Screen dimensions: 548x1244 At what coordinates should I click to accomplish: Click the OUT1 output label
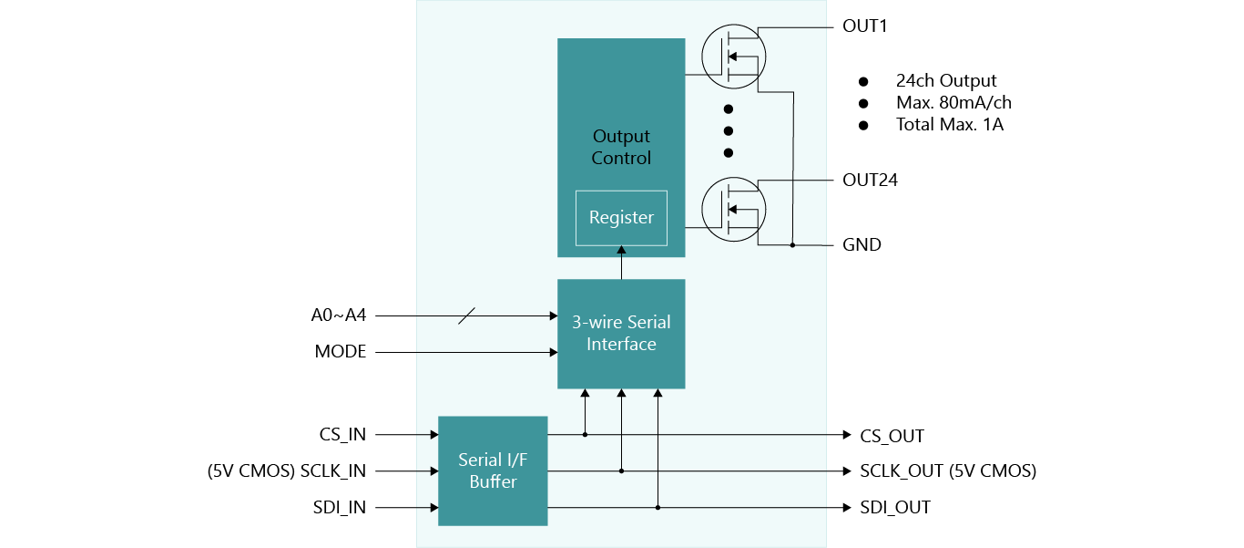pos(864,26)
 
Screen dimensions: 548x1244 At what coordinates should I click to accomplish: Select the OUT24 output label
pos(870,180)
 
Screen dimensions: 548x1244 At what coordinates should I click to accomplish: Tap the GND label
pos(862,244)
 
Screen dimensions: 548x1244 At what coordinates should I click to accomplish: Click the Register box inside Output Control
pos(621,218)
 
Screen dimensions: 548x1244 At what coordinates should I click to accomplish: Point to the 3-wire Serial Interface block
pos(621,334)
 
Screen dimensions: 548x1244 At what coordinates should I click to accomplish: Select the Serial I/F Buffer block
pos(493,470)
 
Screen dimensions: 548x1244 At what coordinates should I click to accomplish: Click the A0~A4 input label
pos(338,315)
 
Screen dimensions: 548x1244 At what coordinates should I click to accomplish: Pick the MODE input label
pos(341,351)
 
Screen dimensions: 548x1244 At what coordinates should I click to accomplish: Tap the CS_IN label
pos(342,435)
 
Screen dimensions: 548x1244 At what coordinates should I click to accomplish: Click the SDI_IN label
pos(340,507)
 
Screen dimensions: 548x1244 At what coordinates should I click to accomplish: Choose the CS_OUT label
pos(892,436)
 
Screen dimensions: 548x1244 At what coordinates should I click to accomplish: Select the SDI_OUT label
pos(894,507)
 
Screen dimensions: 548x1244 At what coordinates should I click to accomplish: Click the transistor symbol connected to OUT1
pos(734,57)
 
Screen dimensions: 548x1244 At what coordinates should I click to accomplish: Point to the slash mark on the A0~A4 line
pos(465,315)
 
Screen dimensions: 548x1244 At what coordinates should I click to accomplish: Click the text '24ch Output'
pos(946,81)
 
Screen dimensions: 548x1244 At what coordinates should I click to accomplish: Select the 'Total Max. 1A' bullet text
pos(950,124)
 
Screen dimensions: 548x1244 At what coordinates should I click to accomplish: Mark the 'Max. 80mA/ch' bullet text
pos(953,102)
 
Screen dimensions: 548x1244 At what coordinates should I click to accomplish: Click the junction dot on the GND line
pos(792,245)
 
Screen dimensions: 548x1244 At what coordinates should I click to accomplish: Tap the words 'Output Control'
pos(621,147)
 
